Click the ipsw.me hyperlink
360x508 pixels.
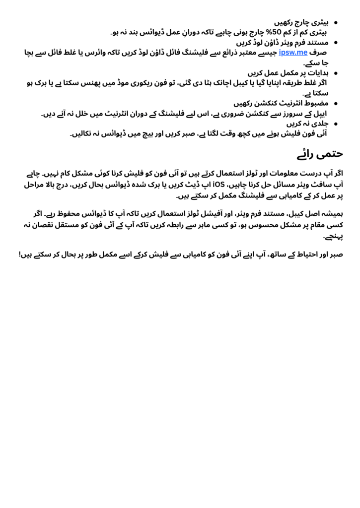click(x=293, y=52)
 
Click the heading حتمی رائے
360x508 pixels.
click(x=320, y=154)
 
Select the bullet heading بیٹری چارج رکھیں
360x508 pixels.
click(x=303, y=22)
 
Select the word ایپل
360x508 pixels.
click(x=321, y=114)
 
